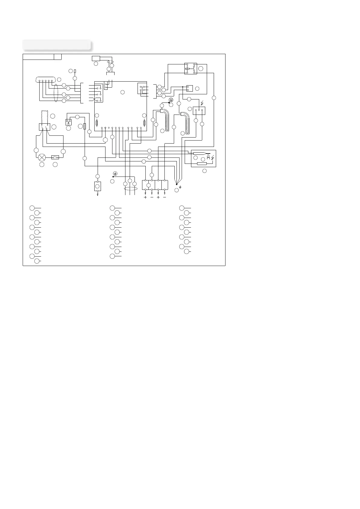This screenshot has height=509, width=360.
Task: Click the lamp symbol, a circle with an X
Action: (x=42, y=157)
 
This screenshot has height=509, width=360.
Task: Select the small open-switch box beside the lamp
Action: (x=55, y=157)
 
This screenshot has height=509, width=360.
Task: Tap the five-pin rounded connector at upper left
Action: (x=46, y=80)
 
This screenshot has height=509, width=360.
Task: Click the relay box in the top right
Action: (x=191, y=68)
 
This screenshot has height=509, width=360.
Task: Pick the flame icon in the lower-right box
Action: (x=208, y=157)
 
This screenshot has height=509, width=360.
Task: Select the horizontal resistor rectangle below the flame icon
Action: (x=202, y=164)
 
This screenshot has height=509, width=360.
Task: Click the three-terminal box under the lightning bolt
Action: (x=199, y=111)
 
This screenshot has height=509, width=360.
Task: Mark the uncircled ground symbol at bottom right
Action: (x=180, y=187)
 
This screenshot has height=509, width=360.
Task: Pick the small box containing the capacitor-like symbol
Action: (x=69, y=122)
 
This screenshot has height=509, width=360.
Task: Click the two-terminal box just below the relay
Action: (x=190, y=88)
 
